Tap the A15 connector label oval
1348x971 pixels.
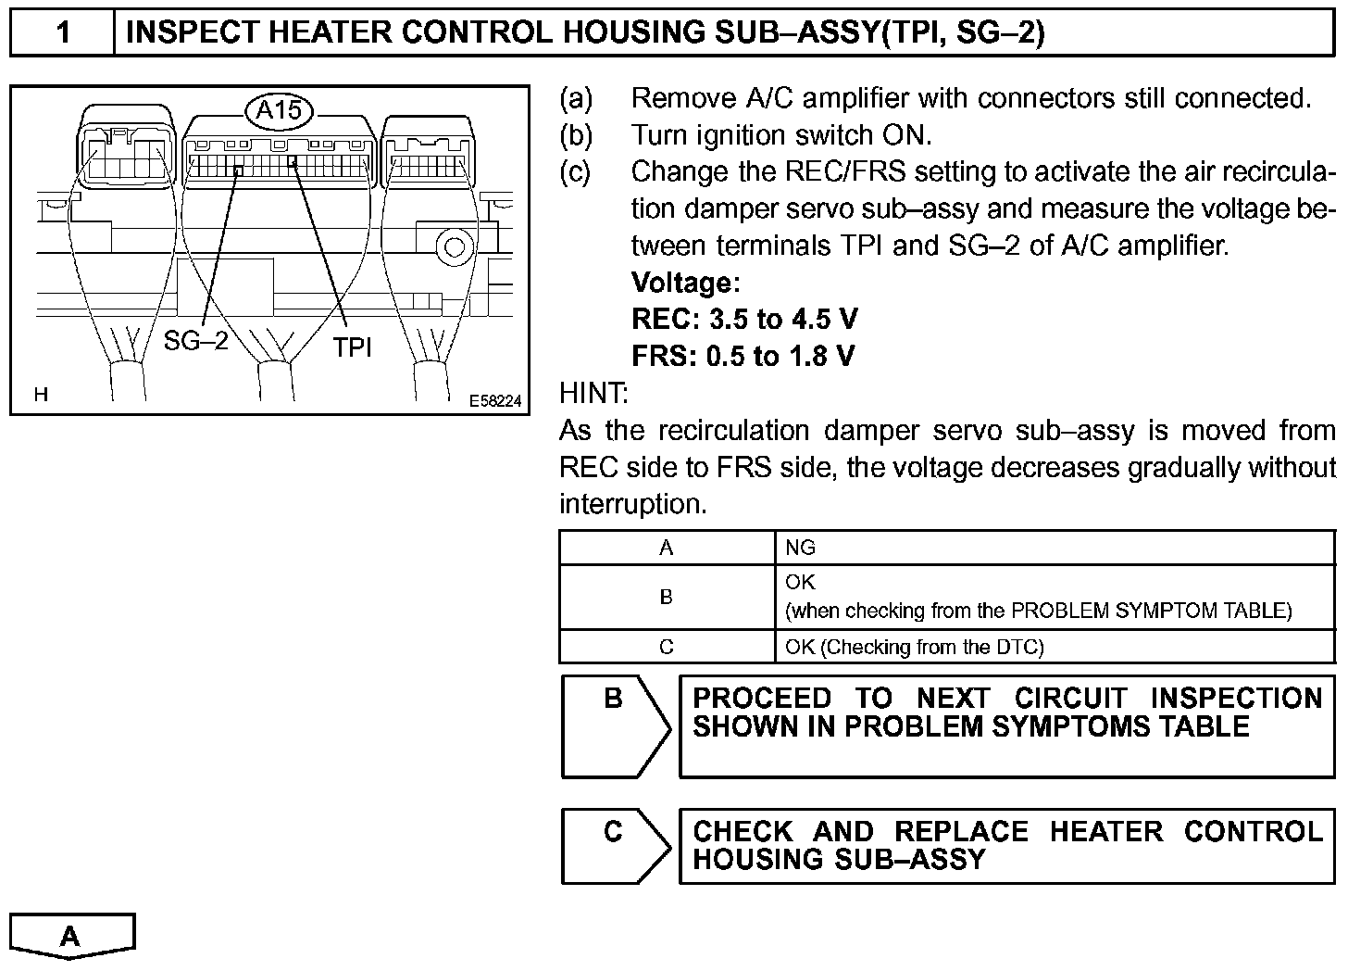coord(279,111)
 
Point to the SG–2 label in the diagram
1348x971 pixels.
coord(195,341)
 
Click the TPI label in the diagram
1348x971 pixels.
coord(352,347)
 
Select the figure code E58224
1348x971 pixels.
coord(495,401)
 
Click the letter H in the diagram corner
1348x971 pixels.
coord(41,395)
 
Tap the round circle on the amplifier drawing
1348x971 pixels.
coord(455,246)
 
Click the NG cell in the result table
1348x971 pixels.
coord(801,548)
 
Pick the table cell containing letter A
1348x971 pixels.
coord(667,548)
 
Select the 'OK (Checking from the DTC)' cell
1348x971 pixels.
coord(915,647)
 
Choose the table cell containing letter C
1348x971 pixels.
coord(667,647)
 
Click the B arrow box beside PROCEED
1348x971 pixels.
coord(614,725)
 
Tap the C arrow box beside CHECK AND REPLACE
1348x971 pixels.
coord(614,846)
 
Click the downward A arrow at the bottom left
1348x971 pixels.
coord(72,936)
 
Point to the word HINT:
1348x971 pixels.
coord(594,393)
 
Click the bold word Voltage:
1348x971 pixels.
coord(685,283)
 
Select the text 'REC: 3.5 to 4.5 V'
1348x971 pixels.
coord(744,320)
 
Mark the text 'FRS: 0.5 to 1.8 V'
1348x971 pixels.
coord(743,356)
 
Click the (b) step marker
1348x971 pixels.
coord(576,135)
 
